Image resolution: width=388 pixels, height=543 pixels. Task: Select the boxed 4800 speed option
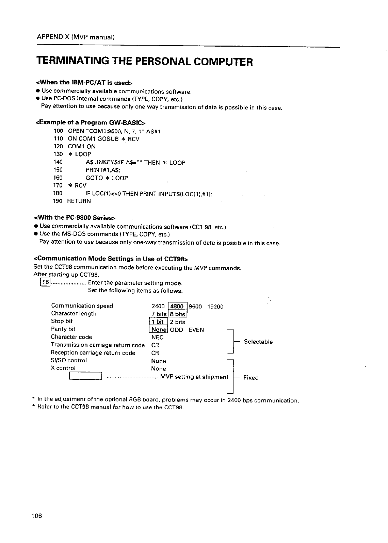(x=177, y=306)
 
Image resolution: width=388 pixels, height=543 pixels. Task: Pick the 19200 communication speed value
(x=215, y=307)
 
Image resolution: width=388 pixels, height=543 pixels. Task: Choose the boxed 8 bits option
(x=177, y=314)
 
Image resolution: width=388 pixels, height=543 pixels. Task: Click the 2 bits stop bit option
(x=178, y=322)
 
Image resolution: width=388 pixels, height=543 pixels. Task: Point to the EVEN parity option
(x=196, y=330)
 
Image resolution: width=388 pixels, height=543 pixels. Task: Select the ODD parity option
(x=176, y=330)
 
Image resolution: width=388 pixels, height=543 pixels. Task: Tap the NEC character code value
(x=157, y=338)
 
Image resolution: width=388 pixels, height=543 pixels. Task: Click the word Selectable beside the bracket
(x=258, y=342)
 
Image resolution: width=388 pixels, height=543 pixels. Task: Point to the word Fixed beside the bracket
(x=251, y=378)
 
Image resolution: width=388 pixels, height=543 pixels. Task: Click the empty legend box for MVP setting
(x=85, y=376)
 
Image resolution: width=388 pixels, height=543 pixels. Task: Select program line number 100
(x=59, y=131)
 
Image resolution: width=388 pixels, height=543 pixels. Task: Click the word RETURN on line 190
(x=79, y=201)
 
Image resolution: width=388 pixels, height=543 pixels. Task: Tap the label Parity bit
(x=63, y=329)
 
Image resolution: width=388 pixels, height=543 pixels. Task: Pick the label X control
(x=63, y=368)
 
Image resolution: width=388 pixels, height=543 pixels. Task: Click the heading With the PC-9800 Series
(x=75, y=217)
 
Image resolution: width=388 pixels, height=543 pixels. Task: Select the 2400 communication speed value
(x=158, y=307)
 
